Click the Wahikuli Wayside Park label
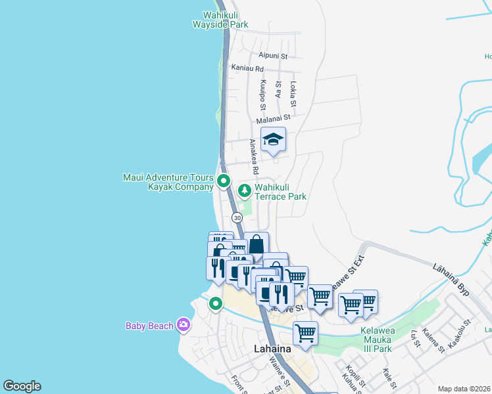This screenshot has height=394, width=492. click(220, 20)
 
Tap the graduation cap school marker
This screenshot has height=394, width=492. click(273, 139)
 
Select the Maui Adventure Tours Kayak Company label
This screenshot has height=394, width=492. click(168, 182)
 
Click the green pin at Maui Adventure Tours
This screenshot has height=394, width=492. click(224, 181)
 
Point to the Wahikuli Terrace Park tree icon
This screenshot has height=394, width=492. click(245, 191)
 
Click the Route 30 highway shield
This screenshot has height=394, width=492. click(237, 217)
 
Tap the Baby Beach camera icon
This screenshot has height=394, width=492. click(183, 325)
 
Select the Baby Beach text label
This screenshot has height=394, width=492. click(150, 326)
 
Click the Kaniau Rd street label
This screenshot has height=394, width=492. click(247, 68)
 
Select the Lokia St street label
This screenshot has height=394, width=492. click(293, 94)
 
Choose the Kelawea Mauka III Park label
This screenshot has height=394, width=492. click(378, 339)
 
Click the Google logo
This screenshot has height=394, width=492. click(22, 386)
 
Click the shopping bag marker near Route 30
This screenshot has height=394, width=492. click(256, 244)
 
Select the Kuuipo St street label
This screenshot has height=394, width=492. click(262, 95)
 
